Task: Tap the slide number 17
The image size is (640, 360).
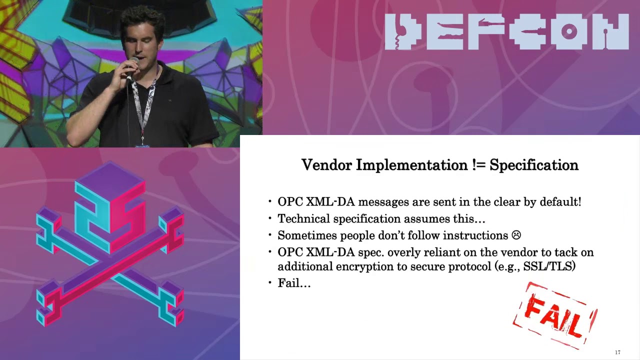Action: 617,352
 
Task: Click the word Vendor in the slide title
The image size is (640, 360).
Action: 326,165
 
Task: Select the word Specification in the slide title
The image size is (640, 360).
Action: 533,165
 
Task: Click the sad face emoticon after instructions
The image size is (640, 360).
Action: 516,235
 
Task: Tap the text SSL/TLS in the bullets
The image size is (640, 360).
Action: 549,266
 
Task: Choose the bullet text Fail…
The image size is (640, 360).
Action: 294,283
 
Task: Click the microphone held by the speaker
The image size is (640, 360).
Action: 132,65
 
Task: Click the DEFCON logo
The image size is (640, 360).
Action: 506,32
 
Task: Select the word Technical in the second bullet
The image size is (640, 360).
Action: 304,218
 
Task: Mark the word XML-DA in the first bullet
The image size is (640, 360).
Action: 331,202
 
